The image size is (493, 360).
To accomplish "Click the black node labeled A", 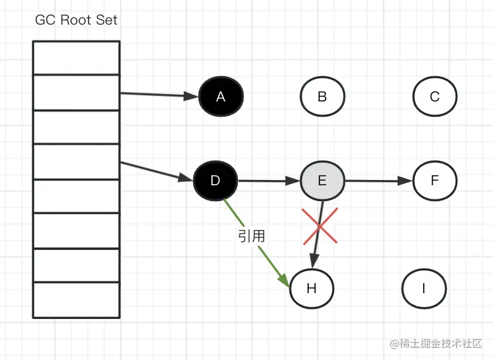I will coord(221,97).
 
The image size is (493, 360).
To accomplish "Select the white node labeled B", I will coord(322,97).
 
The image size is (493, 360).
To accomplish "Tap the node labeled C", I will coord(435,97).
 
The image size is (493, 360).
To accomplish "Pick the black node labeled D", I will coord(215,181).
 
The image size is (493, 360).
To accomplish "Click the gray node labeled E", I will coord(322,181).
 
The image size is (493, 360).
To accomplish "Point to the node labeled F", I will coord(435,181).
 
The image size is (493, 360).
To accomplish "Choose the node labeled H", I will coord(312,288).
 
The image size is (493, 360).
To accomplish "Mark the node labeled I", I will coord(424,288).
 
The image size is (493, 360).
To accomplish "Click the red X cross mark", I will coord(320,225).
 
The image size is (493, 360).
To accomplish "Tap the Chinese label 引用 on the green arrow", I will coord(252,236).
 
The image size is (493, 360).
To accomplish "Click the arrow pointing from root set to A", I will coord(158,94).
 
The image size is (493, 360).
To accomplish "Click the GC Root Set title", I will coord(76,20).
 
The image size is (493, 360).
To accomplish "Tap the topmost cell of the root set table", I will coord(76,57).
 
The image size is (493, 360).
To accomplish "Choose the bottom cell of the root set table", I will coord(76,300).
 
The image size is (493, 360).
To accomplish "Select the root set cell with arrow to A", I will coord(76,93).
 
